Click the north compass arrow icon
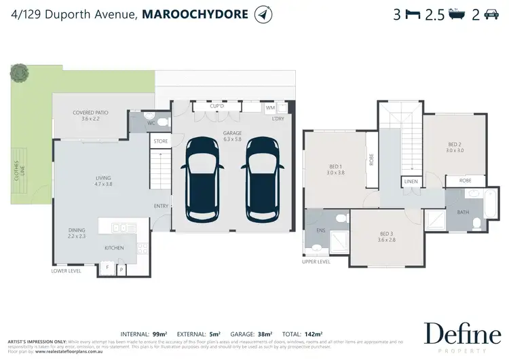[261, 14]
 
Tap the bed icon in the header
[412, 14]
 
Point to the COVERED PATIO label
[90, 115]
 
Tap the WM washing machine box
[270, 107]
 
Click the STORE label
[160, 141]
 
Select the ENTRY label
[162, 206]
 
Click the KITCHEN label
[114, 248]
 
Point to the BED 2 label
[455, 147]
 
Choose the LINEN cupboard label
[411, 182]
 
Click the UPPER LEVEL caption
[316, 261]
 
